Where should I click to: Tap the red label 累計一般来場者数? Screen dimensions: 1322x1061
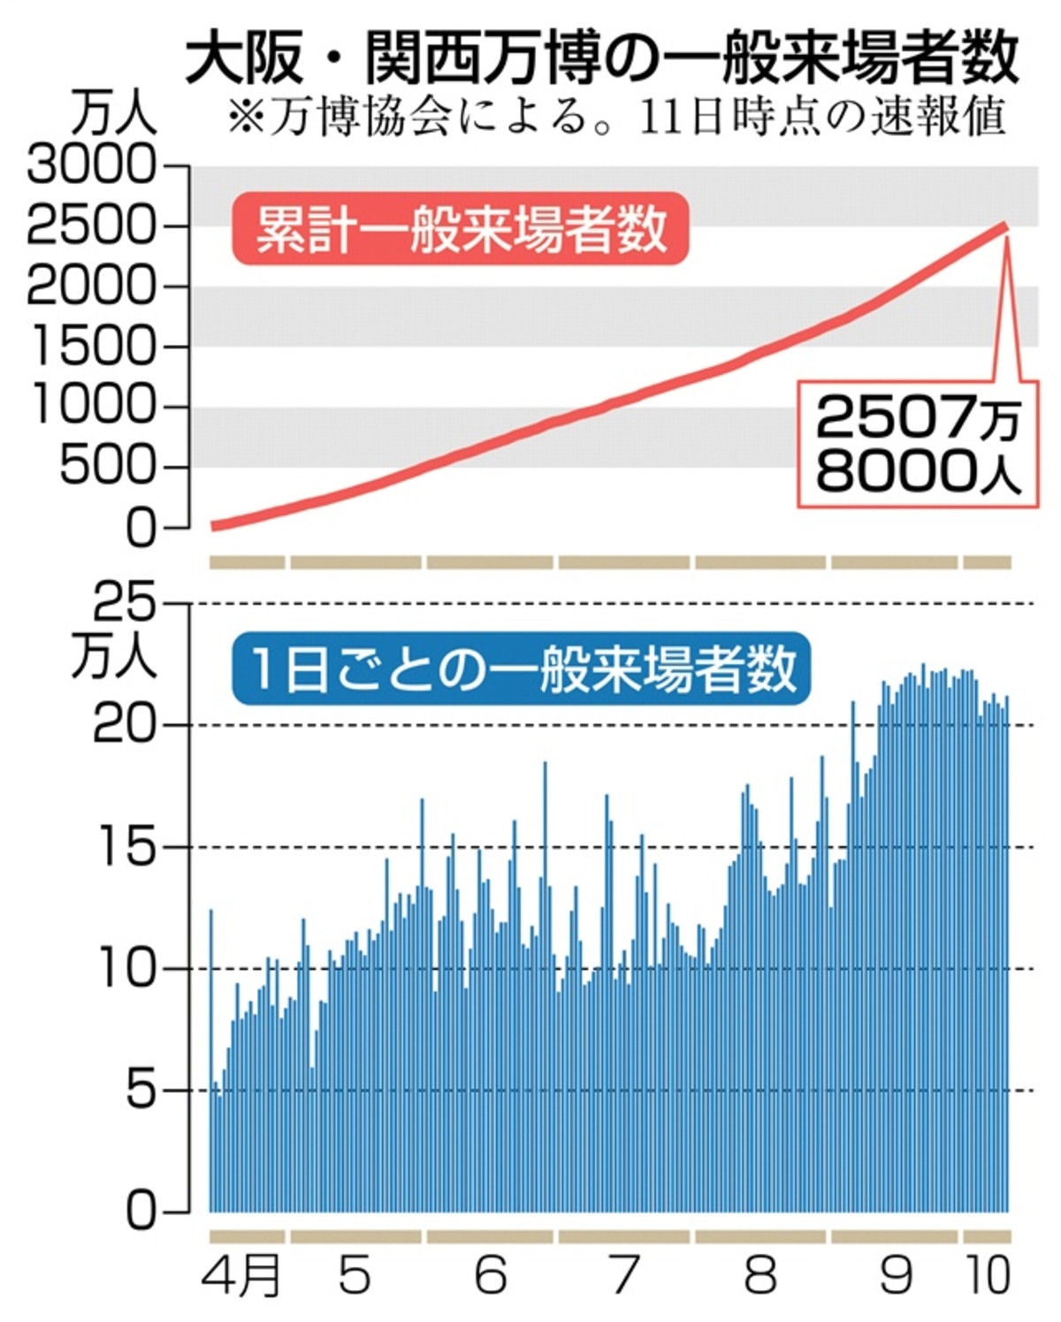(x=460, y=229)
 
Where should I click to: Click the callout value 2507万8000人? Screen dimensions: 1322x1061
(x=918, y=444)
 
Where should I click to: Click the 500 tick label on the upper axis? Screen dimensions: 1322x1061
(x=106, y=467)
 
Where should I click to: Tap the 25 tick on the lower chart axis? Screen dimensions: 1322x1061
(x=124, y=604)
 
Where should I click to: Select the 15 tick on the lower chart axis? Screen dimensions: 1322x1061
(x=124, y=848)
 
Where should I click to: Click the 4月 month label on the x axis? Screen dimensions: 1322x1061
(x=240, y=1276)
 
